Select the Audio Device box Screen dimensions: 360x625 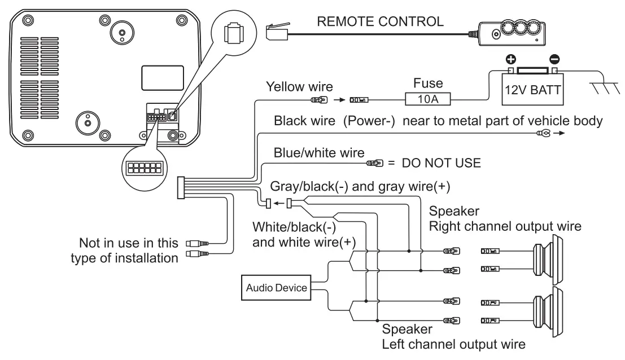pos(276,288)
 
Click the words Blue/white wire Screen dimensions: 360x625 pos(319,153)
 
